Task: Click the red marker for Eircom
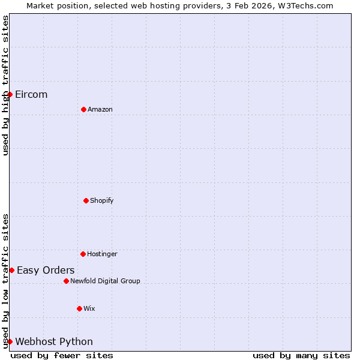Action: coord(10,94)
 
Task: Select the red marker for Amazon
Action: coord(83,109)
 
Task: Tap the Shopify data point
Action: coord(86,200)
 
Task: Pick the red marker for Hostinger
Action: coord(83,254)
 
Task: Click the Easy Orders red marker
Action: coord(11,270)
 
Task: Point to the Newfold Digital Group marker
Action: coord(66,281)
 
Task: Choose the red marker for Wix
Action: coord(79,308)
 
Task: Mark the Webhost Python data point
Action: coord(10,341)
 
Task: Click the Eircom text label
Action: coord(31,94)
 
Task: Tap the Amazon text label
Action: coord(100,109)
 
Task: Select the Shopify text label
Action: coord(102,200)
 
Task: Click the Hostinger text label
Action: coord(102,254)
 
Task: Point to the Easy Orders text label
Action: coord(46,270)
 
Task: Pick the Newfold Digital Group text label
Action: coord(105,281)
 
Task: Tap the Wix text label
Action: coord(89,308)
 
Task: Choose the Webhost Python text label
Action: coord(54,341)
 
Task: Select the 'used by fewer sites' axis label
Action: coord(62,355)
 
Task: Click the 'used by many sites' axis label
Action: coord(301,355)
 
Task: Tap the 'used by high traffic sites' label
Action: coord(5,85)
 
